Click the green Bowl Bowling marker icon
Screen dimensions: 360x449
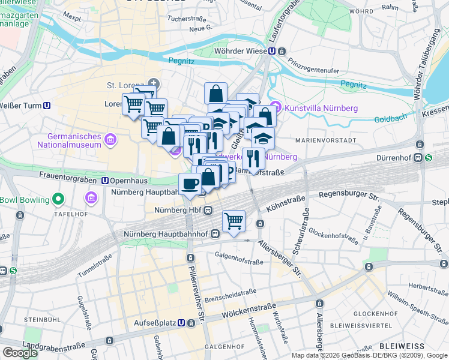[x=58, y=199]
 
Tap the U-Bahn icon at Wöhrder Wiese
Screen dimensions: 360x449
[x=272, y=52]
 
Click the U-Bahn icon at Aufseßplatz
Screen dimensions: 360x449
[x=191, y=322]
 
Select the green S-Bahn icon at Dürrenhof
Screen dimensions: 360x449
[x=428, y=159]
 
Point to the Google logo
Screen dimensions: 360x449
[x=20, y=353]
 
